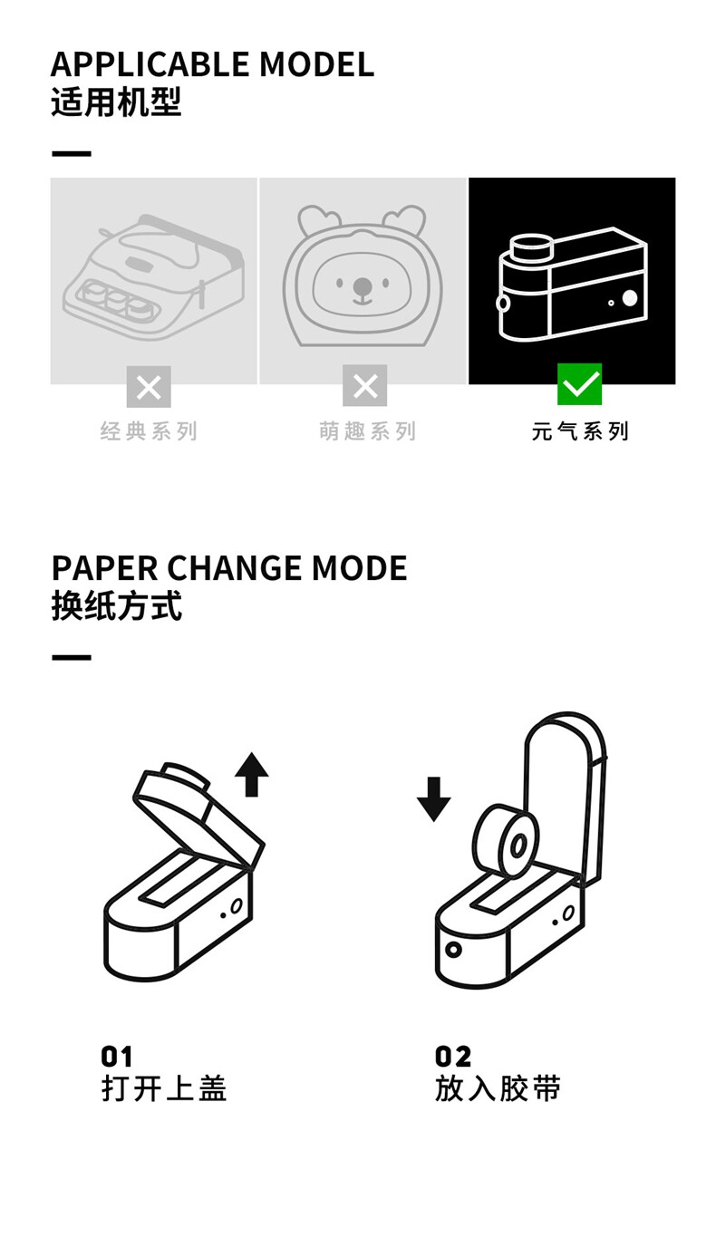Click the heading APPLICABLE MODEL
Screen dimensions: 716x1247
(x=212, y=64)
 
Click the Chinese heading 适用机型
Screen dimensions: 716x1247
(x=116, y=102)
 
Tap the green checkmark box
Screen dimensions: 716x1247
(x=579, y=385)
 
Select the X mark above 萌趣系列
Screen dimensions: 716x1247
(x=364, y=387)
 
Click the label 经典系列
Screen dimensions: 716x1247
(x=149, y=431)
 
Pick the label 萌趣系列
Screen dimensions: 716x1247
(x=367, y=431)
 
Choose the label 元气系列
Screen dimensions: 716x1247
(x=580, y=431)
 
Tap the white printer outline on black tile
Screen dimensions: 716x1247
(x=572, y=283)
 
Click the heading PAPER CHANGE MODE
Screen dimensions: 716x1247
(x=229, y=568)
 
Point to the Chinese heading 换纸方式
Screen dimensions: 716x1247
(x=116, y=606)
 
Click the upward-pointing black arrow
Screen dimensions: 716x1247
(x=251, y=775)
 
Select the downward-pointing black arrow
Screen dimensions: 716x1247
(x=433, y=798)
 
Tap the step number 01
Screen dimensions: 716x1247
(x=117, y=1057)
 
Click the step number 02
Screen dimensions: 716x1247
(x=453, y=1057)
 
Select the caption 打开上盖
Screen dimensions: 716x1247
(x=163, y=1088)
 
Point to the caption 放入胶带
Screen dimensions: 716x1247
(x=498, y=1088)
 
